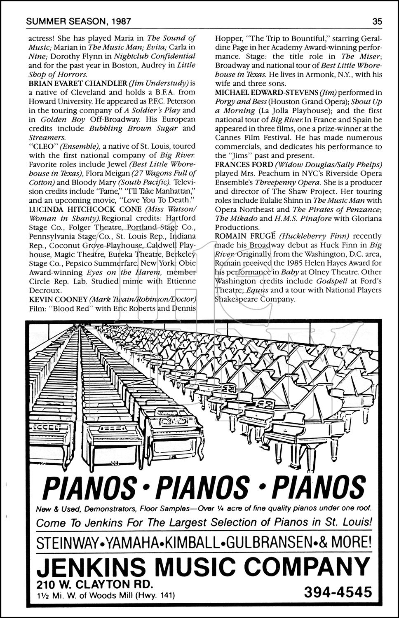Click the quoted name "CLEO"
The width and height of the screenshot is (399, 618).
click(x=41, y=146)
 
